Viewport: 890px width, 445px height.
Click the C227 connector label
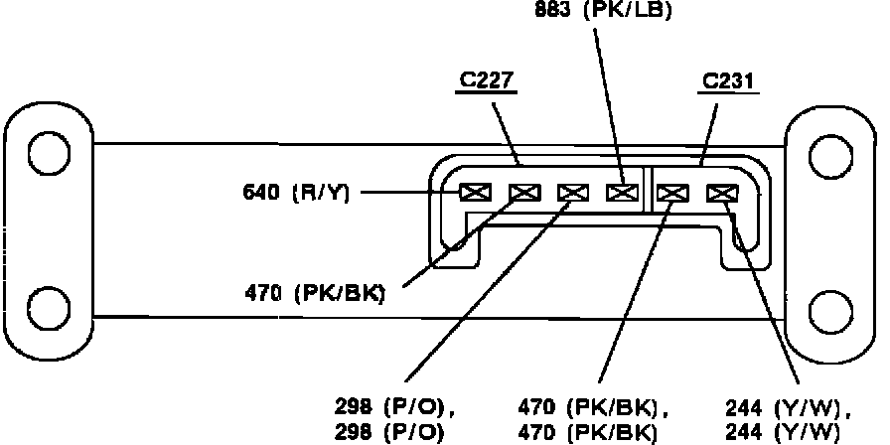click(487, 81)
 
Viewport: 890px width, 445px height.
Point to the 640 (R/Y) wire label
click(296, 192)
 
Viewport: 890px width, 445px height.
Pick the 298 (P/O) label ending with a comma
click(395, 407)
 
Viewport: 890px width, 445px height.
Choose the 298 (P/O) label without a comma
click(390, 431)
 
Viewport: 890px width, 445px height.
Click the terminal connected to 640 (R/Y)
click(473, 193)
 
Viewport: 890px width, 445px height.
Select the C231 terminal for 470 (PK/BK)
click(672, 193)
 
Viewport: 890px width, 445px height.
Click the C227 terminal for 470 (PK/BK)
click(522, 193)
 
